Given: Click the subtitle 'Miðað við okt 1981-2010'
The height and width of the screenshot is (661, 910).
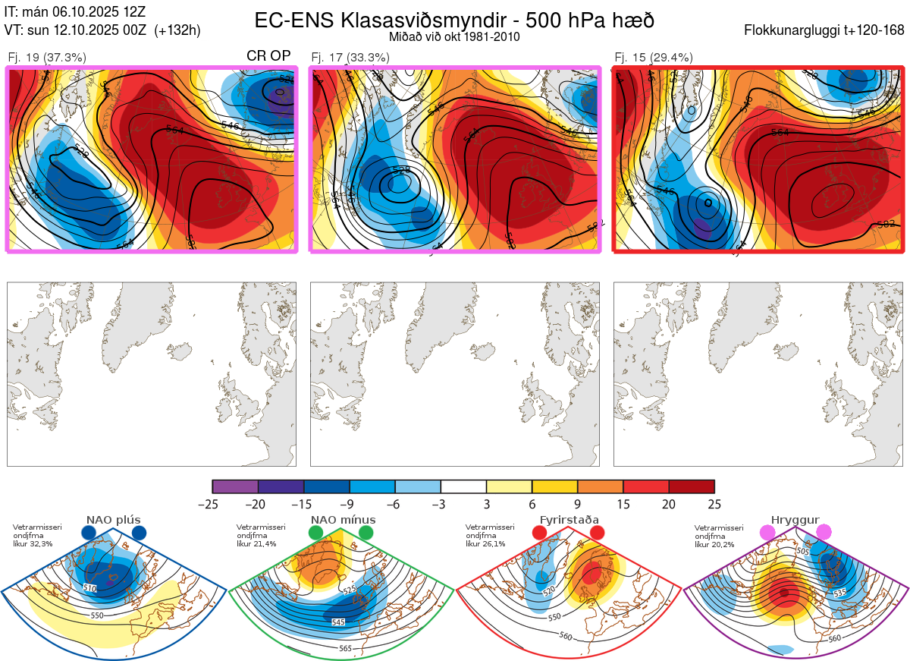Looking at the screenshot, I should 454,37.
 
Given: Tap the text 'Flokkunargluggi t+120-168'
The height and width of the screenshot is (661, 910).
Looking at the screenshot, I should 825,31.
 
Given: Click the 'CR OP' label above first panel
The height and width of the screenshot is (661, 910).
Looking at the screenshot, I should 268,56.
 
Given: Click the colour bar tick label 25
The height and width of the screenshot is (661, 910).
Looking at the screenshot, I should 714,504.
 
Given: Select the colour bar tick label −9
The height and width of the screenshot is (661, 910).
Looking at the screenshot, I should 350,504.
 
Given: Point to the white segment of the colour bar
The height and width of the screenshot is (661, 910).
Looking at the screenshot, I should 463,486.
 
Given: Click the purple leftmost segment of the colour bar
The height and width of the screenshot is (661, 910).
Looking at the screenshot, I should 235,486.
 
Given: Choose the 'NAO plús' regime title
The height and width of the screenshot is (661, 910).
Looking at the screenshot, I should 114,520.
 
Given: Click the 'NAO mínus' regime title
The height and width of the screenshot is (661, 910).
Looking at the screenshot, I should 343,520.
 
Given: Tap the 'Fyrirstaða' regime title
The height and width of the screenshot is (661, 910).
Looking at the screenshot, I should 569,520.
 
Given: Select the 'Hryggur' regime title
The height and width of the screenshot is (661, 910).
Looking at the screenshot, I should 796,520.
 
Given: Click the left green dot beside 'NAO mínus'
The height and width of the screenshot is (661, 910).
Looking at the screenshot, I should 315,534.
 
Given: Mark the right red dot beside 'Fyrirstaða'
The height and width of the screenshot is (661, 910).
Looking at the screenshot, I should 597,534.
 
